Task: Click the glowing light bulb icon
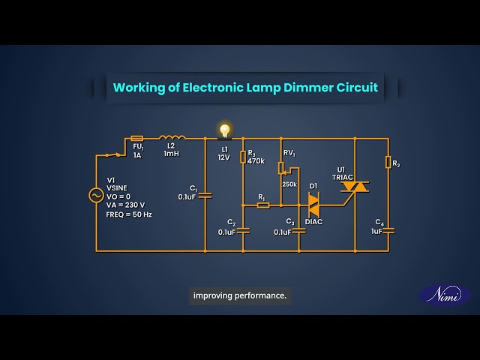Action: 223,130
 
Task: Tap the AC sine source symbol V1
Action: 96,195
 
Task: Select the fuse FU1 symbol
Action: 137,139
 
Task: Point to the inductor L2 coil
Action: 172,138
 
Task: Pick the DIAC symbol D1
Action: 313,204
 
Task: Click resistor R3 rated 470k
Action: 243,157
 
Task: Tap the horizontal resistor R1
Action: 262,204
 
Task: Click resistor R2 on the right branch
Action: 388,162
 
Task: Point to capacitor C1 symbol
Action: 205,195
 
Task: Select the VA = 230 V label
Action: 125,205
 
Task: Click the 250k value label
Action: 289,184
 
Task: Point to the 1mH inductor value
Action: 172,154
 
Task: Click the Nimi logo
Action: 444,295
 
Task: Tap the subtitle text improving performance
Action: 240,295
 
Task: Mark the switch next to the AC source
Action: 114,154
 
